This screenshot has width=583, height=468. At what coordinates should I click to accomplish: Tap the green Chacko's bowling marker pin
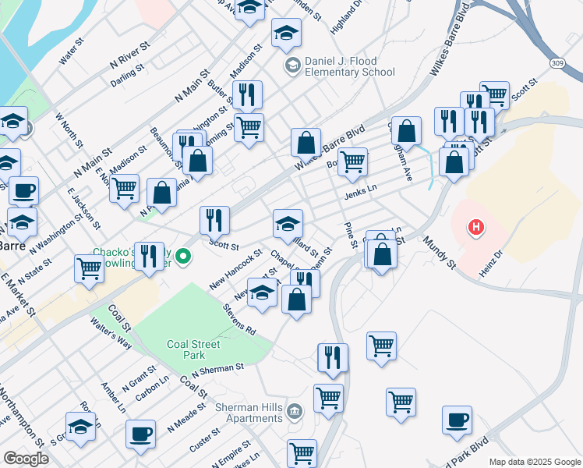click(x=183, y=256)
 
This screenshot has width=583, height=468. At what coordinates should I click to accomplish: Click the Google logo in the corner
click(x=26, y=459)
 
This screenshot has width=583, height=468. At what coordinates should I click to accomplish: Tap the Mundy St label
click(x=440, y=255)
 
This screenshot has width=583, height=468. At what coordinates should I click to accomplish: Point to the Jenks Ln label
click(x=361, y=191)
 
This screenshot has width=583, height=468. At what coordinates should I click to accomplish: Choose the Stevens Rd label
click(x=238, y=319)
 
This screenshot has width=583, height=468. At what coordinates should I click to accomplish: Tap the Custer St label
click(x=205, y=441)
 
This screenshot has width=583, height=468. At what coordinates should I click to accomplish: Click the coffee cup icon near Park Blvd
click(x=457, y=420)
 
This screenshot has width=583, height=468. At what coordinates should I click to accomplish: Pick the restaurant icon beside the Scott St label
click(x=214, y=221)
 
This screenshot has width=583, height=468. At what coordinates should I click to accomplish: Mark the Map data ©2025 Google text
click(x=534, y=462)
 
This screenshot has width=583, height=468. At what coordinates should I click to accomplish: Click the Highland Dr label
click(x=348, y=16)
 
